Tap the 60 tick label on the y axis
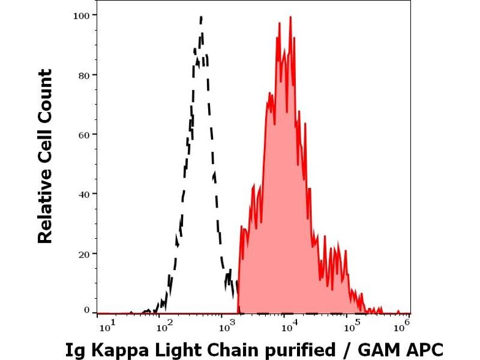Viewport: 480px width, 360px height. (85, 134)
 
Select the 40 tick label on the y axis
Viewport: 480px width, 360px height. (85, 194)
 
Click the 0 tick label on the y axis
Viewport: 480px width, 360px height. (87, 310)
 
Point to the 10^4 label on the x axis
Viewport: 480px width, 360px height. (289, 326)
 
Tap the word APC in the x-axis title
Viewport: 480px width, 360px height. (425, 349)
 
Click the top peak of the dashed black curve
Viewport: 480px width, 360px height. (201, 17)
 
